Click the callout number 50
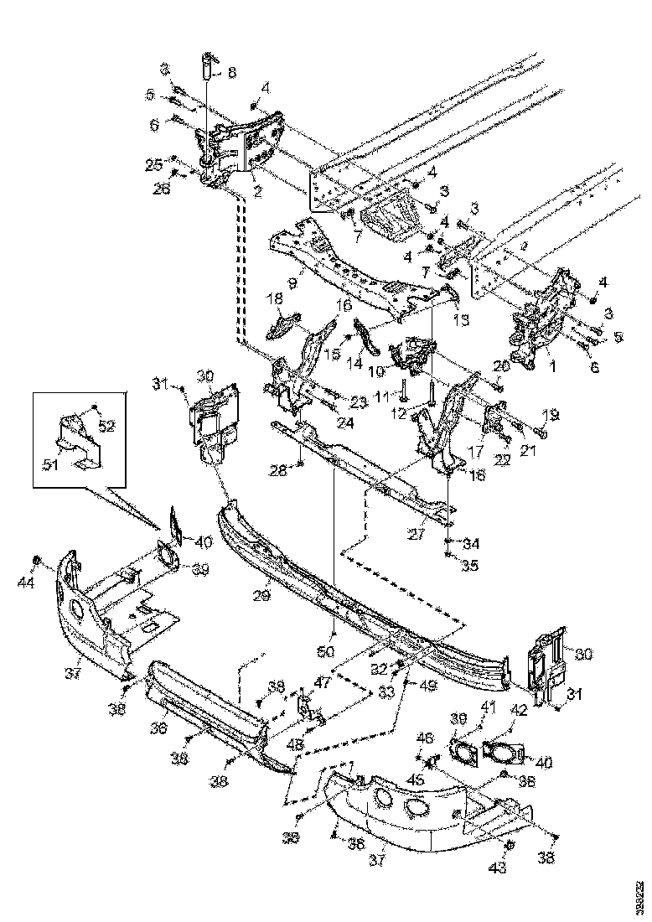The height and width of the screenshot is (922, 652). [331, 650]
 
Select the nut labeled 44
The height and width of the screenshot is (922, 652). [37, 559]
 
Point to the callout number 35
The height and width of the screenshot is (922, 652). [469, 565]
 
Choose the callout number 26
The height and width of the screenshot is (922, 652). [160, 189]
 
